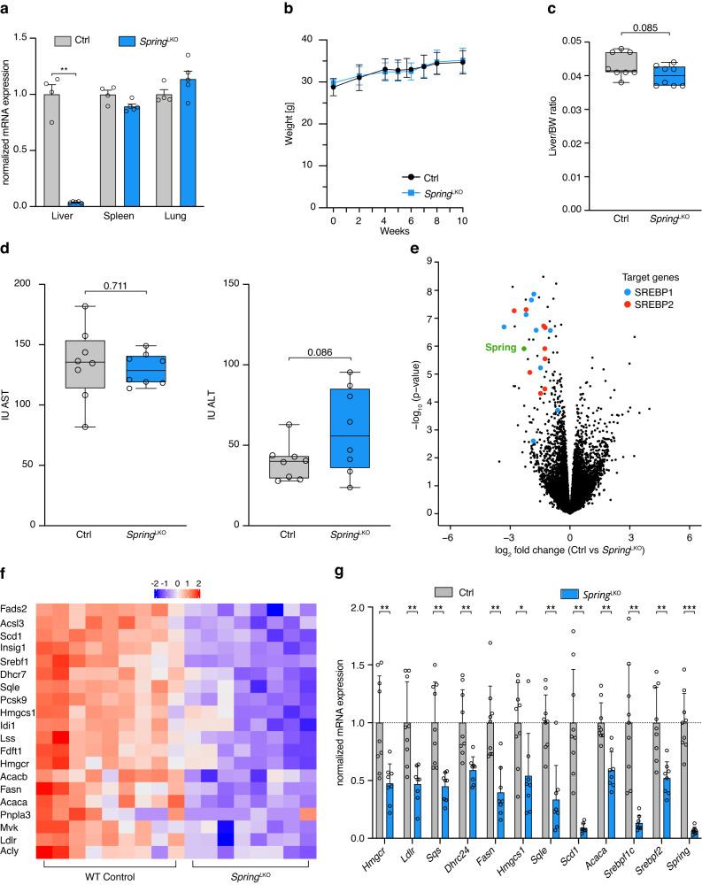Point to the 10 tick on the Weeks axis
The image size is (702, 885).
point(467,219)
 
